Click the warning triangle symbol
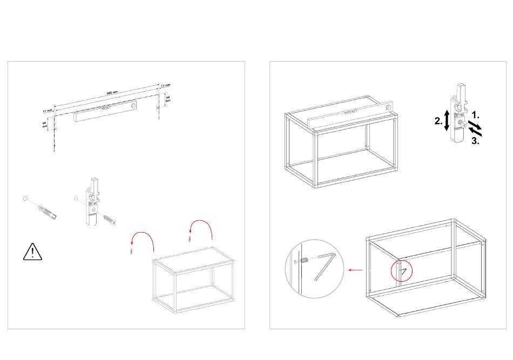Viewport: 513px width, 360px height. (x=33, y=252)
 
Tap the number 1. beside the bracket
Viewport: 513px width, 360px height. (x=475, y=115)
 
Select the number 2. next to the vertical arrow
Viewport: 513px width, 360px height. (x=438, y=121)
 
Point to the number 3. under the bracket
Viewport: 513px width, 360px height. (x=475, y=141)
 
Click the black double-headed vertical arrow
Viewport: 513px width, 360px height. (x=447, y=120)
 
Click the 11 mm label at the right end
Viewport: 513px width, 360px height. (x=166, y=86)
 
